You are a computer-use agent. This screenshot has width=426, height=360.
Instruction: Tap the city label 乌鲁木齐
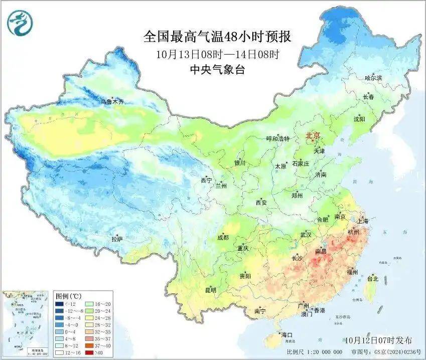111,102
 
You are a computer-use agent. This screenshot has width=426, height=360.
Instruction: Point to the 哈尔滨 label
373,78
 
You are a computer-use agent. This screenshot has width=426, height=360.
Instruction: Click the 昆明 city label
210,290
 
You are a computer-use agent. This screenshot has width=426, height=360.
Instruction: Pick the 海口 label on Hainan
287,334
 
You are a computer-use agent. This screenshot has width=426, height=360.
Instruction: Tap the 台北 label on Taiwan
373,278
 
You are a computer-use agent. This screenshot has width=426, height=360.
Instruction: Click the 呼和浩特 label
277,139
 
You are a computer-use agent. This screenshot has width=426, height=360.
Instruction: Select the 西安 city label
261,203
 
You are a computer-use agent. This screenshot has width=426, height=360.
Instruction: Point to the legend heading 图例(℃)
69,295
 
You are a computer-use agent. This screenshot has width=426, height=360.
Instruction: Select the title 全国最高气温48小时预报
217,37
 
